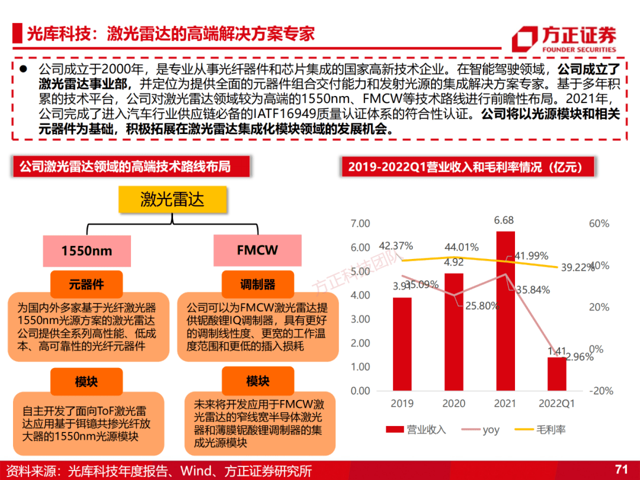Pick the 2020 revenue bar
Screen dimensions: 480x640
click(x=454, y=332)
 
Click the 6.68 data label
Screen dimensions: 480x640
click(x=504, y=220)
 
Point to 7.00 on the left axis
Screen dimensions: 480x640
click(x=360, y=223)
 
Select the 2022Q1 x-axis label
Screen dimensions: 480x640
click(x=556, y=404)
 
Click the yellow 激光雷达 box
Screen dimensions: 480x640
click(x=172, y=200)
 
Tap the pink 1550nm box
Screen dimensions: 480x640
click(x=87, y=250)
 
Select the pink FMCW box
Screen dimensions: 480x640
click(x=257, y=249)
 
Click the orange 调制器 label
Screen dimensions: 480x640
click(x=258, y=284)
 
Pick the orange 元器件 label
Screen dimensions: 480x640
click(x=87, y=284)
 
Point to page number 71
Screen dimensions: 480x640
click(x=621, y=469)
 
